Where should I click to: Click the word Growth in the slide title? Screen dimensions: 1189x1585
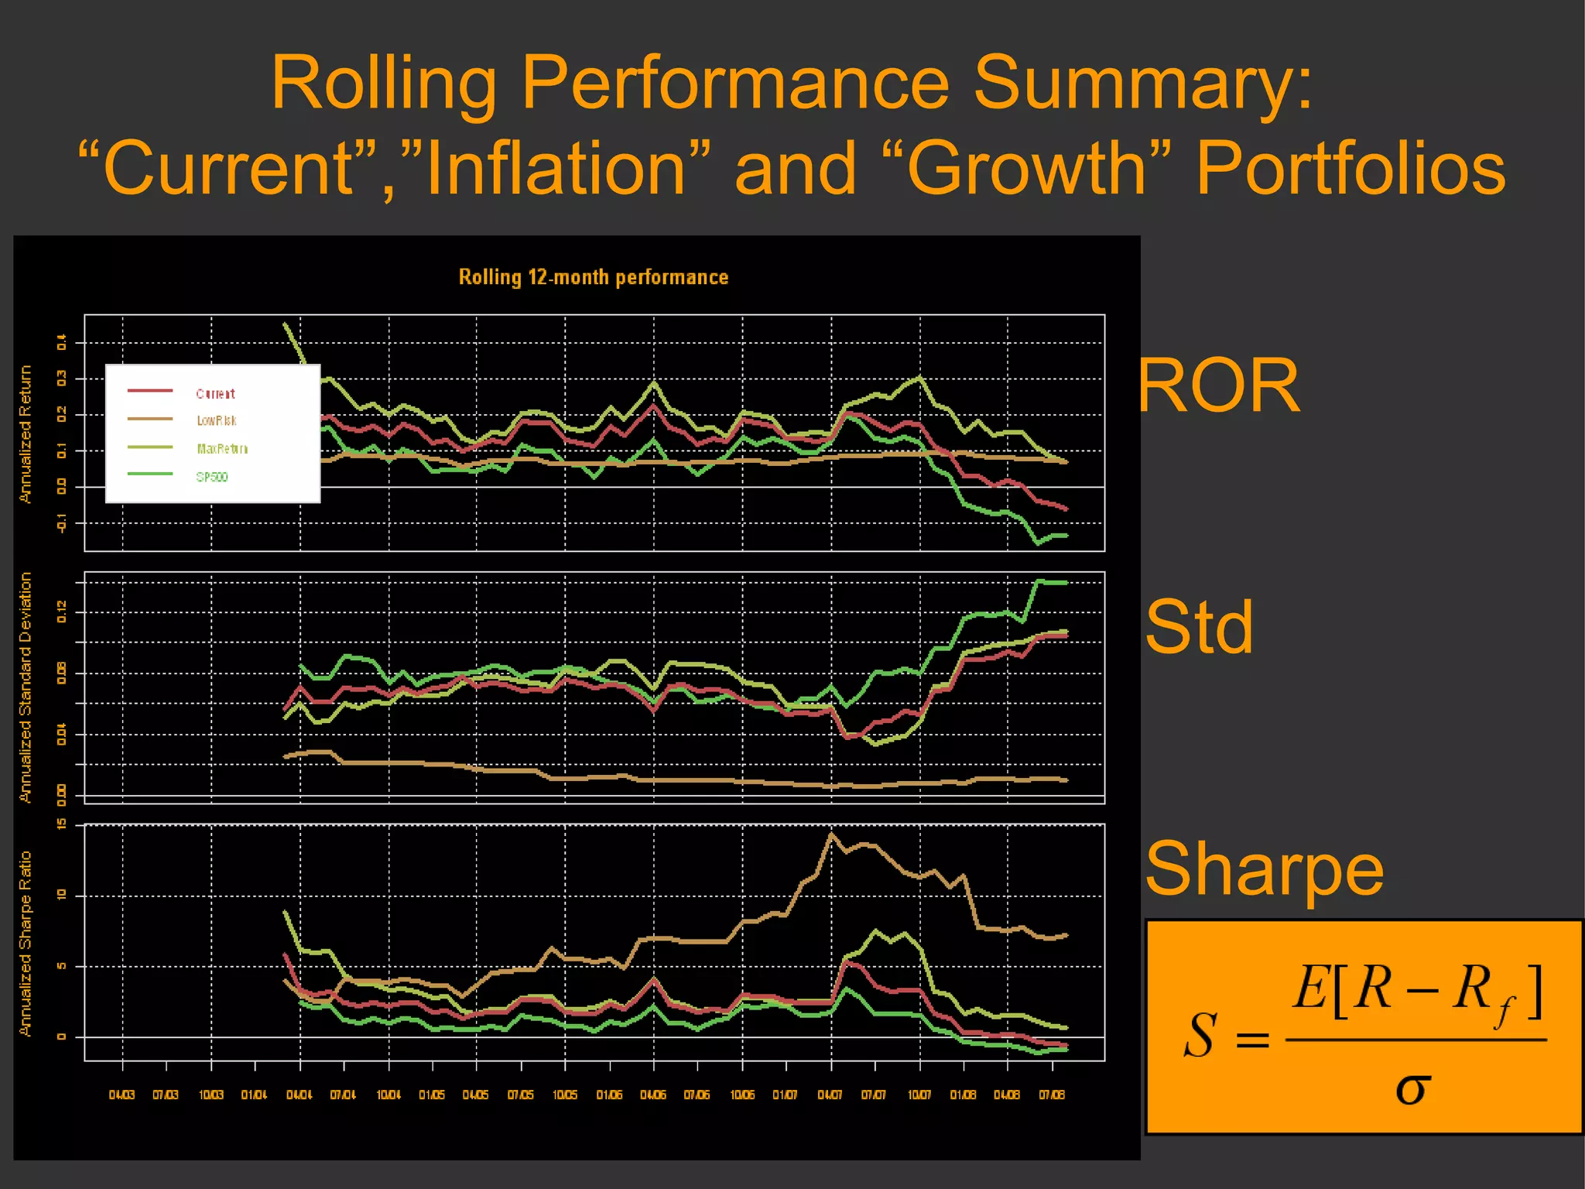[1026, 169]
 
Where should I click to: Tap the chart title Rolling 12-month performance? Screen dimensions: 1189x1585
[594, 277]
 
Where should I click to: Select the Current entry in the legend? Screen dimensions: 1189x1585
[215, 393]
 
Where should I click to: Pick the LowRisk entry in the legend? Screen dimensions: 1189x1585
[216, 420]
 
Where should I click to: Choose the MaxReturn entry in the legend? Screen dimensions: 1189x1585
[221, 449]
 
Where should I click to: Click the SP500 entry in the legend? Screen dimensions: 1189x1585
[211, 477]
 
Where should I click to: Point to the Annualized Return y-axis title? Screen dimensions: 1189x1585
[26, 434]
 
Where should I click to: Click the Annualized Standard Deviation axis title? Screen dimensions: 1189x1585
[26, 687]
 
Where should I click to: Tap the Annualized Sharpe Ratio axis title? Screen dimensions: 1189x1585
[26, 944]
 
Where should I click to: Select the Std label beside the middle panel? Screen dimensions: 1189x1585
[1199, 627]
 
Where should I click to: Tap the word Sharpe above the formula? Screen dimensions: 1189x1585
[1264, 869]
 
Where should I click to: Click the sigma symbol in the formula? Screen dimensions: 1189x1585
[1412, 1088]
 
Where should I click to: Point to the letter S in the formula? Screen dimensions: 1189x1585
[1200, 1036]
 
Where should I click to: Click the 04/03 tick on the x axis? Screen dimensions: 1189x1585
[122, 1095]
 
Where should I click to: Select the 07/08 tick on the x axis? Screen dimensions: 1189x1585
[1051, 1095]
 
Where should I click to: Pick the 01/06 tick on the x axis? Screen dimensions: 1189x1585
[609, 1095]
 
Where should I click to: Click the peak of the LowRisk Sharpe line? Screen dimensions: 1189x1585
[831, 834]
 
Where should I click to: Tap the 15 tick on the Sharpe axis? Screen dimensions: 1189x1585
[61, 824]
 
